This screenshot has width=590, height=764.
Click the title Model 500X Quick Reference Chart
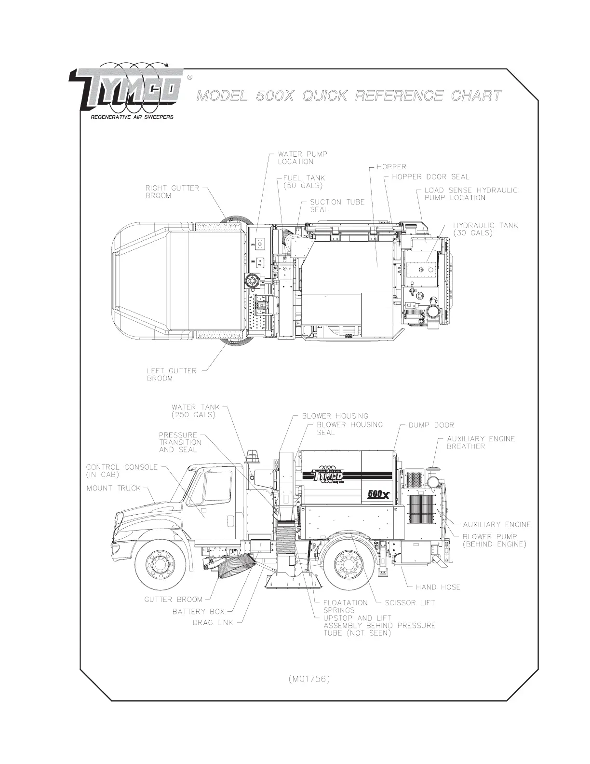[348, 95]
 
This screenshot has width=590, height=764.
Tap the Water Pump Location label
[302, 158]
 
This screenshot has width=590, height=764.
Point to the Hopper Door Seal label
[430, 177]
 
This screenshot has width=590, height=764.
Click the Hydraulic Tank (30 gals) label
[485, 229]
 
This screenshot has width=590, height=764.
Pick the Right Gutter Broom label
[172, 191]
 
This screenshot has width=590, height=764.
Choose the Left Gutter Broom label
[172, 374]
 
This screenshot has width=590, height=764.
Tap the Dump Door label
[431, 425]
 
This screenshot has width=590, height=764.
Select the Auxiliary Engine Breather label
[481, 442]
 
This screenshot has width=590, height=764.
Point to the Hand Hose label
[438, 587]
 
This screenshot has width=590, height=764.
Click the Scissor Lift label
[410, 602]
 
